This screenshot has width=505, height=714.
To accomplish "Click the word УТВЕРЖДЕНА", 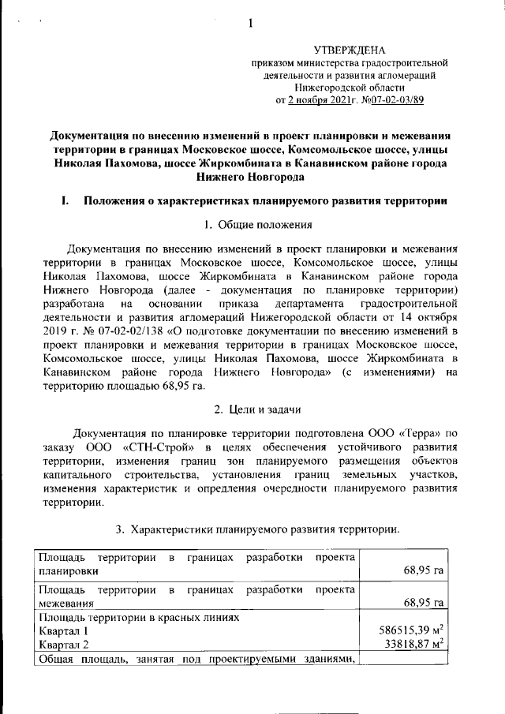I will pos(350,50).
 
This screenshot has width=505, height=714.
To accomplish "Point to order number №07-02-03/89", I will pos(398,101).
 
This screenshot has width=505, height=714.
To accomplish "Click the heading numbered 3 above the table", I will pos(258,528).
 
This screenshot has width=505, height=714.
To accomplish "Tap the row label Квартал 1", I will pos(64,631).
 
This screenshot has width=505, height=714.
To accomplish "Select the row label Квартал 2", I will pos(64,645).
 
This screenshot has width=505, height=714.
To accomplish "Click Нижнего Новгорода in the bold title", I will pos(250,178).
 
